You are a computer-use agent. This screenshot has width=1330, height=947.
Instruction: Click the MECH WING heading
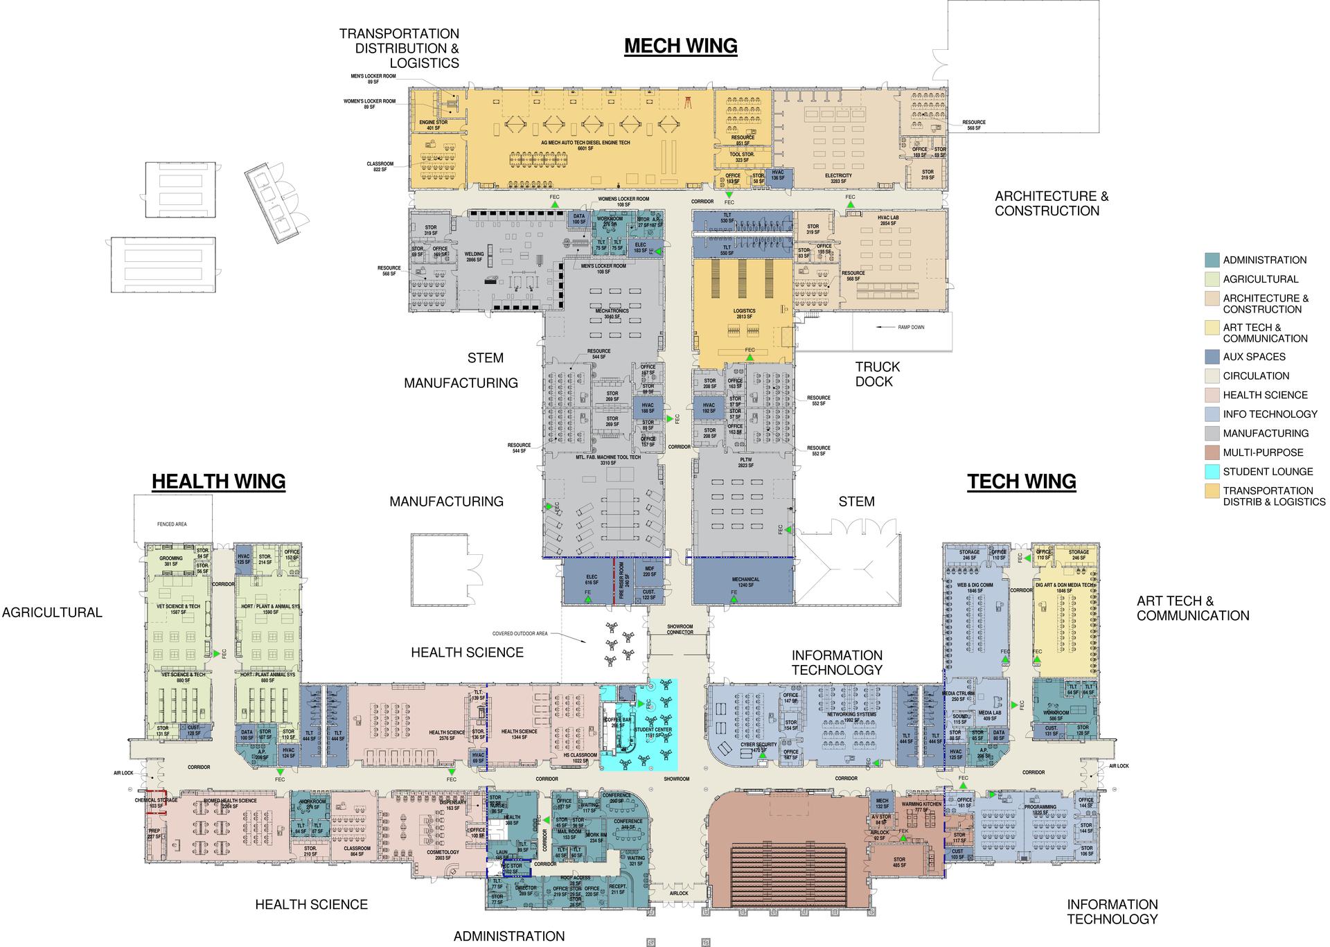point(680,46)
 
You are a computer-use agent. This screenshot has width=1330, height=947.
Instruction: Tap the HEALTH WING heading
point(218,481)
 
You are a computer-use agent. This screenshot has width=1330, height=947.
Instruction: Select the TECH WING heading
point(1021,481)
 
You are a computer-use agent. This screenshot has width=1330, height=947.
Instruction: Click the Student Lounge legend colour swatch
point(1212,472)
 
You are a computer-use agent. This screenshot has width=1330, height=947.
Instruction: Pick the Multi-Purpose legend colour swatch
point(1212,452)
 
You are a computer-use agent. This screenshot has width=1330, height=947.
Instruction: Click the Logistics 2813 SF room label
point(744,314)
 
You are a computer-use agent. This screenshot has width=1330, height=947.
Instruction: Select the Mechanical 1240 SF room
point(745,582)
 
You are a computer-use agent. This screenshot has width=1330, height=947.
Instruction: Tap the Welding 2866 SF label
point(474,257)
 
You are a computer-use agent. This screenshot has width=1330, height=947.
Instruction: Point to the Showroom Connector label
point(680,629)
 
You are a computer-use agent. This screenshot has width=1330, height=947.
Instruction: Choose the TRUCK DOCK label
point(877,374)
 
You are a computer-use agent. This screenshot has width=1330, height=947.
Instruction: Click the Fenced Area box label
point(172,524)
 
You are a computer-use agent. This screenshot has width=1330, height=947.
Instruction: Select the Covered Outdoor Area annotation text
point(520,633)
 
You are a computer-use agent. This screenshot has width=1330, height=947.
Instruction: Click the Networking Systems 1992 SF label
point(851,717)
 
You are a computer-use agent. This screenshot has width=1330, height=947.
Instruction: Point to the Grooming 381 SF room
point(171,561)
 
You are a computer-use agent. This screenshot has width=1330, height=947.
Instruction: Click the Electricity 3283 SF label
point(837,179)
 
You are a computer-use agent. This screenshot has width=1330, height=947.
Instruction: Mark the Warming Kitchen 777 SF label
point(921,807)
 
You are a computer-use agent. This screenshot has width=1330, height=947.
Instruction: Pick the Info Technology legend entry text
point(1270,414)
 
